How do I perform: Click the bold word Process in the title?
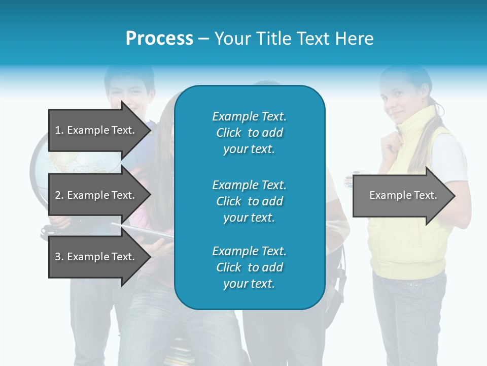tap(159, 39)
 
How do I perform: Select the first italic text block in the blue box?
tap(249, 133)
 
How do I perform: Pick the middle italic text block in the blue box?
tap(249, 201)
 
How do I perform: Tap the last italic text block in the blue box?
tap(249, 267)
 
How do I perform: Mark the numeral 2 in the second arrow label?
tap(58, 195)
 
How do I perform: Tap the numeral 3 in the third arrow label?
tap(58, 257)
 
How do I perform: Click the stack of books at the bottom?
tap(180, 353)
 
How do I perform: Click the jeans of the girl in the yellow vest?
tap(408, 320)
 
